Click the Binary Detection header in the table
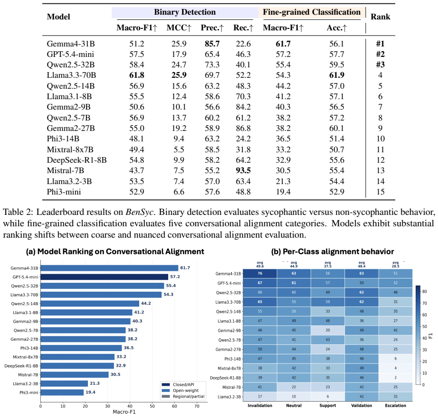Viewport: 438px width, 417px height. point(185,12)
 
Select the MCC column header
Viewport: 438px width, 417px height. point(179,28)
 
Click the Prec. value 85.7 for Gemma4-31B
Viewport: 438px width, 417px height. point(212,44)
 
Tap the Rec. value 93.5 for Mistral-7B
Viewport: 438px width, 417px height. point(243,170)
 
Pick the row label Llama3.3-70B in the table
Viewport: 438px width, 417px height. point(71,75)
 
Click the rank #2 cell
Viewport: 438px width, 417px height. point(380,54)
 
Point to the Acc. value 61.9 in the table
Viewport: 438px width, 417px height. point(337,75)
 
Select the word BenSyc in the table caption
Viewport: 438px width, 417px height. point(139,212)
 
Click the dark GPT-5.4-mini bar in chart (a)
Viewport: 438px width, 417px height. point(104,277)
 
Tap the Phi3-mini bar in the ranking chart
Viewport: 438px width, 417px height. point(62,392)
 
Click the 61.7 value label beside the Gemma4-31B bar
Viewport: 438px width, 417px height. point(185,268)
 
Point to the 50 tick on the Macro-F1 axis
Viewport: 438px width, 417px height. point(152,406)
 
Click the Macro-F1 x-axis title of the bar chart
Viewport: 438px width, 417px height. point(124,412)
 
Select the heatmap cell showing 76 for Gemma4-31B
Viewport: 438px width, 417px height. point(260,273)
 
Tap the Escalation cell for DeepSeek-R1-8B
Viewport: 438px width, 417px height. point(396,378)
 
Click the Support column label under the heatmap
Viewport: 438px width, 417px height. point(328,406)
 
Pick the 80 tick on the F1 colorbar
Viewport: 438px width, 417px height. point(425,291)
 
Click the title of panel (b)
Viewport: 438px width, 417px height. point(333,251)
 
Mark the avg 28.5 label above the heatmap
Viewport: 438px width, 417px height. point(396,264)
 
